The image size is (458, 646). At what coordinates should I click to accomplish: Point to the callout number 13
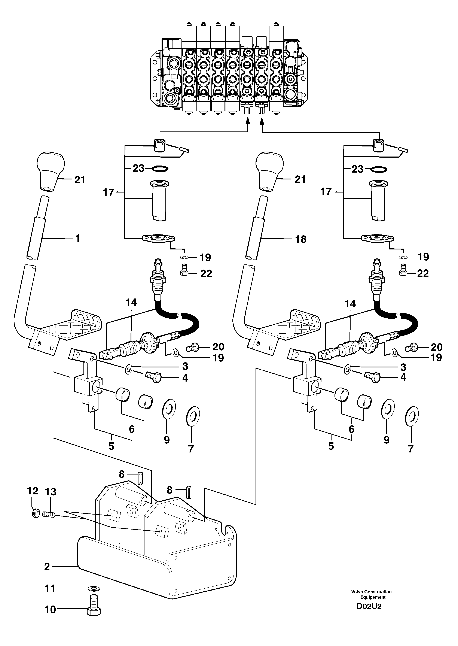(x=51, y=492)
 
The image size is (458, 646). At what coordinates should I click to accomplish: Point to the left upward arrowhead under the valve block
(x=248, y=121)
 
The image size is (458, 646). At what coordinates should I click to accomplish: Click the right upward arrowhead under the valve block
(x=262, y=121)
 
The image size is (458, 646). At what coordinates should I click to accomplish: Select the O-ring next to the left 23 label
(x=160, y=169)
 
